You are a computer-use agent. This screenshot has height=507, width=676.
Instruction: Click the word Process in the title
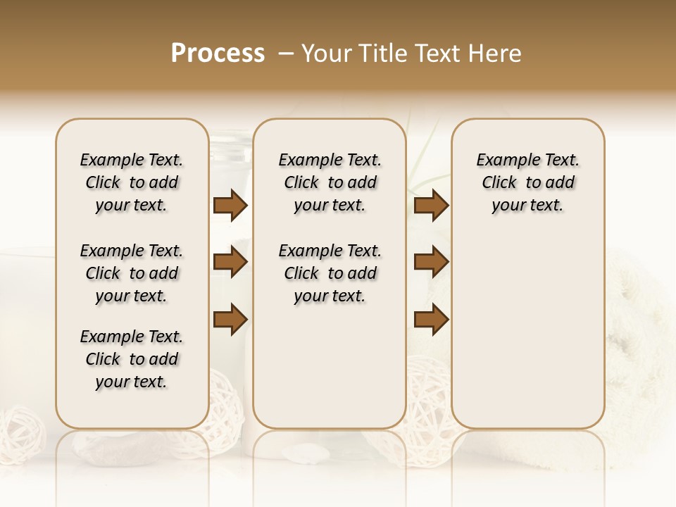coord(218,54)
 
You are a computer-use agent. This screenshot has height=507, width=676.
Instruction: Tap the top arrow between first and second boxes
coord(230,206)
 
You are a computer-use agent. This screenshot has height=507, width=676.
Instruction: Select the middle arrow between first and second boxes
coord(230,262)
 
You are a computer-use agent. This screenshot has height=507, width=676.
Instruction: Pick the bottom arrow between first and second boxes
coord(230,319)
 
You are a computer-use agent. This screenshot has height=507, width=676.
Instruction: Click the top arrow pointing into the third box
coord(432,206)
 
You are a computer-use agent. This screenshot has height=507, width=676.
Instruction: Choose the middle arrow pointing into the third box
coord(432,262)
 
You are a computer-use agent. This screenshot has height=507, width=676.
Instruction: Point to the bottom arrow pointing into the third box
coord(432,319)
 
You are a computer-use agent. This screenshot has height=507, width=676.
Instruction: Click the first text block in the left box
coord(132,182)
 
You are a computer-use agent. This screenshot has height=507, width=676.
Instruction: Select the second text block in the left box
coord(132,273)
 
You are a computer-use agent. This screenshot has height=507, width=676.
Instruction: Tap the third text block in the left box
coord(132,359)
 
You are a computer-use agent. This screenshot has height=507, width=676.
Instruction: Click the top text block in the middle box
coord(330,182)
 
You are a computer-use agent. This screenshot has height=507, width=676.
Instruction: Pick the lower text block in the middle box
coord(330,273)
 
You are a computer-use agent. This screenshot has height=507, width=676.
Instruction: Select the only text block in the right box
coord(528,182)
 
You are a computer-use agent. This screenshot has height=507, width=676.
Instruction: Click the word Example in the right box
coord(503,161)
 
